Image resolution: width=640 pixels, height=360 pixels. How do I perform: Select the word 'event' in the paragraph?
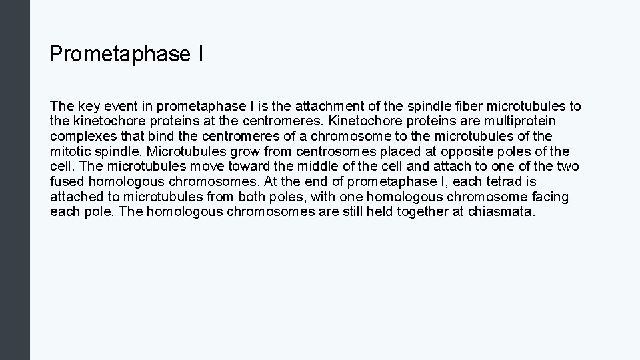click(x=114, y=106)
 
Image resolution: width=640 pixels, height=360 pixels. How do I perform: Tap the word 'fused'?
click(x=65, y=181)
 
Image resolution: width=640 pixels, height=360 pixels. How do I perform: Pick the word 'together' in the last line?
click(x=422, y=212)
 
